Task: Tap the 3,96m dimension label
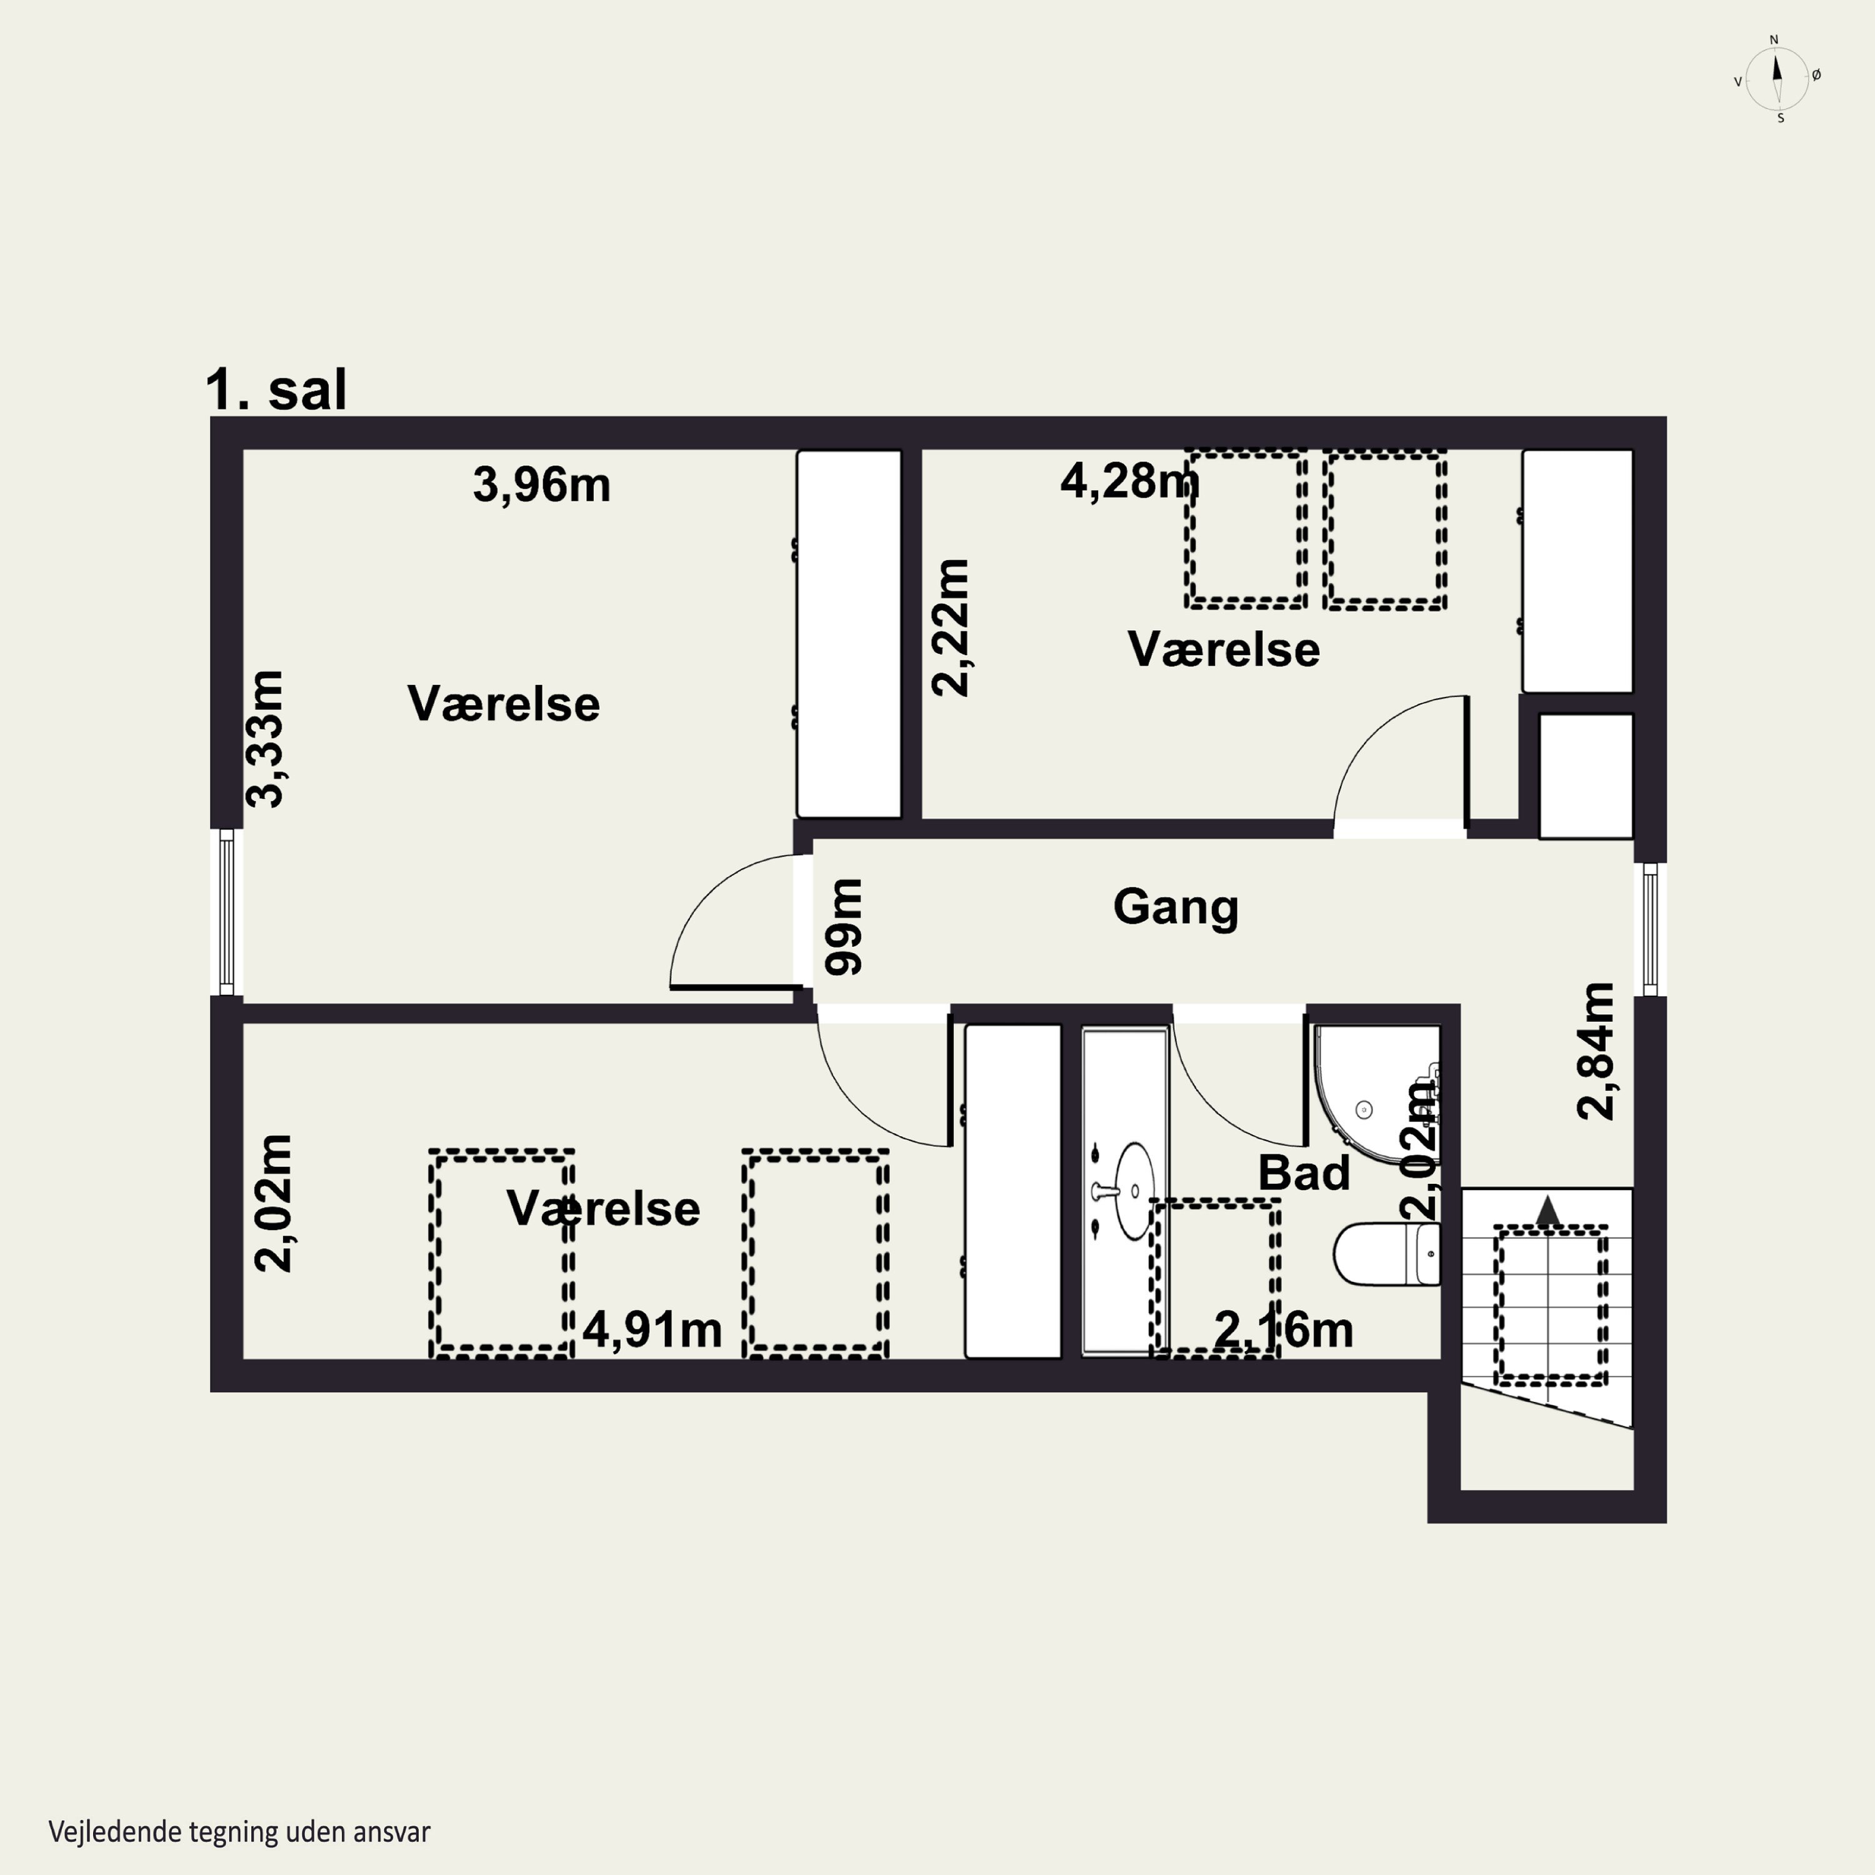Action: (x=541, y=484)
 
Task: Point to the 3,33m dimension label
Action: (x=265, y=739)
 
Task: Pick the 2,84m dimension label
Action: (x=1596, y=1051)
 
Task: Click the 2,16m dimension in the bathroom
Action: (x=1284, y=1329)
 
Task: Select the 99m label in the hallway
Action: (x=842, y=927)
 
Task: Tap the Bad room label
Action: (x=1303, y=1173)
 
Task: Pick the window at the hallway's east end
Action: (x=1650, y=930)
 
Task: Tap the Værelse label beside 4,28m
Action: (x=1223, y=649)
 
